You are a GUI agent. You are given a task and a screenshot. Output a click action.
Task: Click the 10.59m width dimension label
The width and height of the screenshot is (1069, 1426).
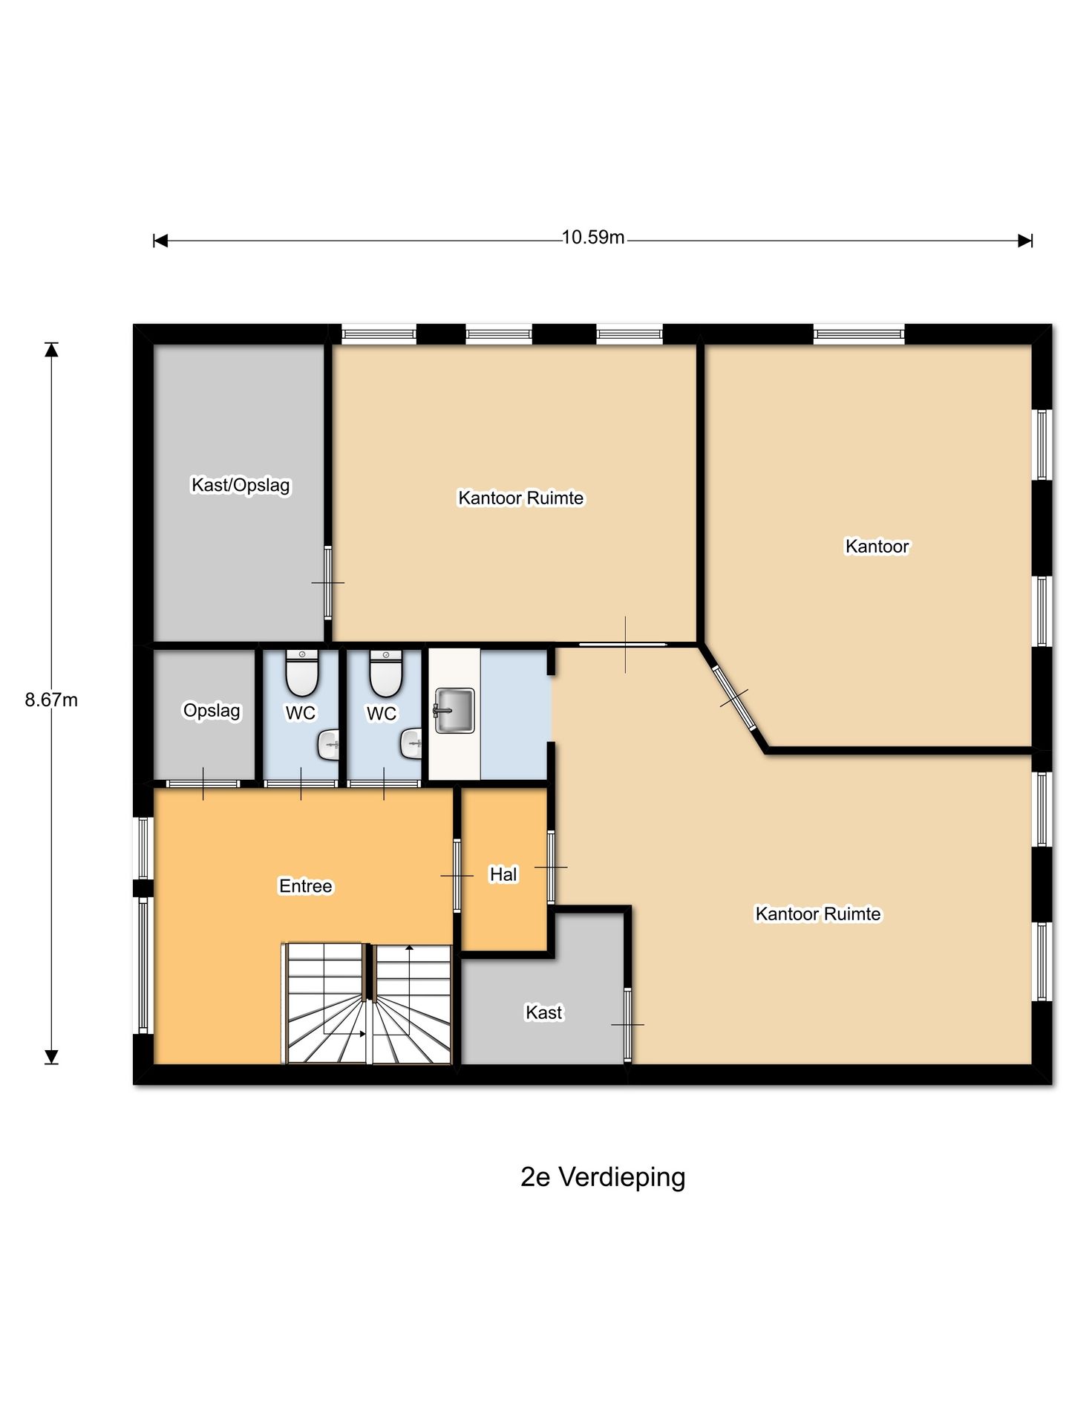592,238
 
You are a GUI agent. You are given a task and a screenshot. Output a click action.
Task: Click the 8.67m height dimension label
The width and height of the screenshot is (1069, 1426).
51,700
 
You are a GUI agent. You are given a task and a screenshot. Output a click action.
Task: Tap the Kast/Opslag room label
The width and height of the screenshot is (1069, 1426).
241,485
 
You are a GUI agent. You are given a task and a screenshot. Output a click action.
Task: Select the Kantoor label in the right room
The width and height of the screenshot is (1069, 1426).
877,547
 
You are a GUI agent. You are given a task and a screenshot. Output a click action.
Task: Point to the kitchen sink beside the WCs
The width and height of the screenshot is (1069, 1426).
454,710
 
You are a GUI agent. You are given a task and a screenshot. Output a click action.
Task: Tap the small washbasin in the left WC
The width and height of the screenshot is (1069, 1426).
330,744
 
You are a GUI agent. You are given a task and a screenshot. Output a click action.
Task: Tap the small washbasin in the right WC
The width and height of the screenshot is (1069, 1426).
412,743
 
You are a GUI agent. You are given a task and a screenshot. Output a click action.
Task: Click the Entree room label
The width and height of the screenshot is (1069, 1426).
305,886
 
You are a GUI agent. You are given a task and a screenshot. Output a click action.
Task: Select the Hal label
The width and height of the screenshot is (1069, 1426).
503,875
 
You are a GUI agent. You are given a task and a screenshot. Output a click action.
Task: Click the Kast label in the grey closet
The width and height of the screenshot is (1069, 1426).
543,1012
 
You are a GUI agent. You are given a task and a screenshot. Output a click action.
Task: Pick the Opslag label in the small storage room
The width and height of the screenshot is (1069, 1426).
212,711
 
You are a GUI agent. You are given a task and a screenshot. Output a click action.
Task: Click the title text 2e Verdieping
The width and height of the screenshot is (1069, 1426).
602,1177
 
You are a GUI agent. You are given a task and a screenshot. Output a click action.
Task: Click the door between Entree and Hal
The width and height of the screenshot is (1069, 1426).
457,876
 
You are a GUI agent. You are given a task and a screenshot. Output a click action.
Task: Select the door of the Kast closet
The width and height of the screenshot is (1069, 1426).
627,1025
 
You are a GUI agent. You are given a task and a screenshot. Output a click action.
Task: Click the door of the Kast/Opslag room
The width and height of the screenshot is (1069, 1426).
327,583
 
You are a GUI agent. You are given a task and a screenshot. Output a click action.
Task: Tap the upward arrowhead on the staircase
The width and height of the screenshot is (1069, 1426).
409,948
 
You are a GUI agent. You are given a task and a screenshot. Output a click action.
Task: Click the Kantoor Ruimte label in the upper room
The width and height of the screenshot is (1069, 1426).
520,498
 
